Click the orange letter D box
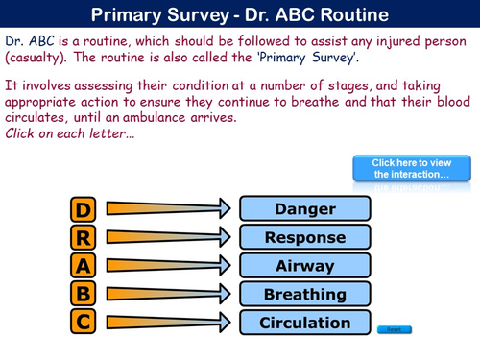[x=84, y=209]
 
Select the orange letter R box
[x=84, y=237]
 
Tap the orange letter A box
[x=84, y=266]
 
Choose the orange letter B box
[x=84, y=294]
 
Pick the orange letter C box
[x=84, y=323]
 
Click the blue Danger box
[x=304, y=209]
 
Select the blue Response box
[x=304, y=237]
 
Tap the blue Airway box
[x=304, y=266]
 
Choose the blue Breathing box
[x=304, y=294]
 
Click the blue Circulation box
[x=304, y=323]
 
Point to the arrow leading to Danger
[x=168, y=209]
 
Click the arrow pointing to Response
[x=168, y=237]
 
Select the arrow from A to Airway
[x=168, y=266]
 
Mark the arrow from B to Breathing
[x=168, y=294]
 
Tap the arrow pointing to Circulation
[x=168, y=323]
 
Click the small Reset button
[x=394, y=329]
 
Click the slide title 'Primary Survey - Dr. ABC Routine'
[x=240, y=15]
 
